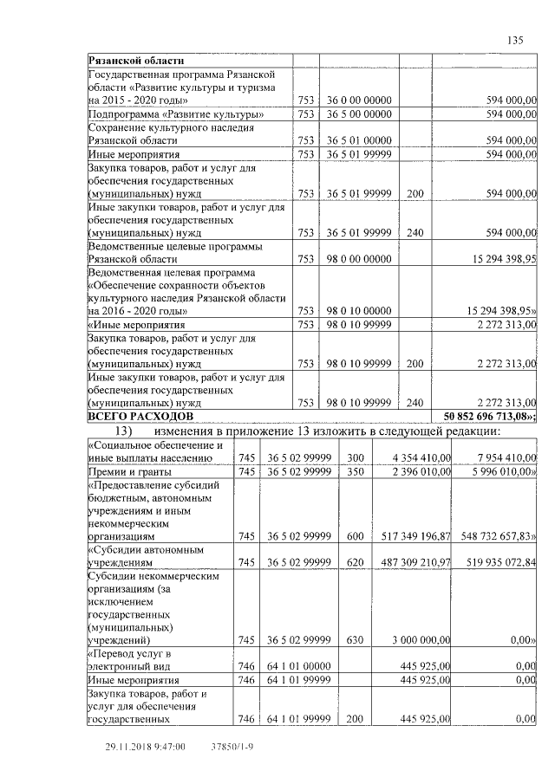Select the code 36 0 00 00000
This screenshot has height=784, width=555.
(360, 100)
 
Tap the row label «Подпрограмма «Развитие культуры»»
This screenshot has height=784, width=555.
(177, 113)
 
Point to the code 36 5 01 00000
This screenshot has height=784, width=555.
(360, 139)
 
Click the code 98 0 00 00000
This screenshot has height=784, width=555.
(360, 258)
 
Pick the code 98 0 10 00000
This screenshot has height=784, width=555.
(360, 310)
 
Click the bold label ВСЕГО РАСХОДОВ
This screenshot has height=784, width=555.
(141, 417)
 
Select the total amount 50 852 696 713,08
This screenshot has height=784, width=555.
(490, 417)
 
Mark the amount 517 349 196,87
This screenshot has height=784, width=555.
(410, 536)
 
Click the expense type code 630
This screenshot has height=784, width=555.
(354, 640)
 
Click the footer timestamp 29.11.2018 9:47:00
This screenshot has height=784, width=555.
(146, 746)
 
